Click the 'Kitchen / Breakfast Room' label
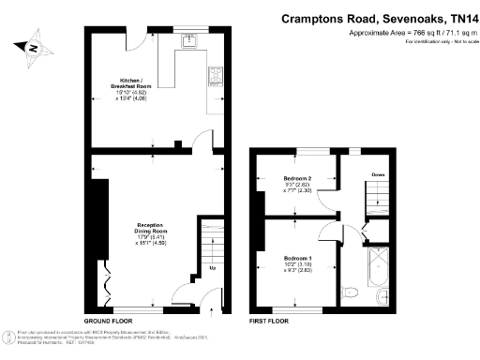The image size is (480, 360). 130,82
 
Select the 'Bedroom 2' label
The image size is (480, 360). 298,178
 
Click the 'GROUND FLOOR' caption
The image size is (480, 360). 107,321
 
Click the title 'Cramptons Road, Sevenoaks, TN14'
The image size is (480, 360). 379,18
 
